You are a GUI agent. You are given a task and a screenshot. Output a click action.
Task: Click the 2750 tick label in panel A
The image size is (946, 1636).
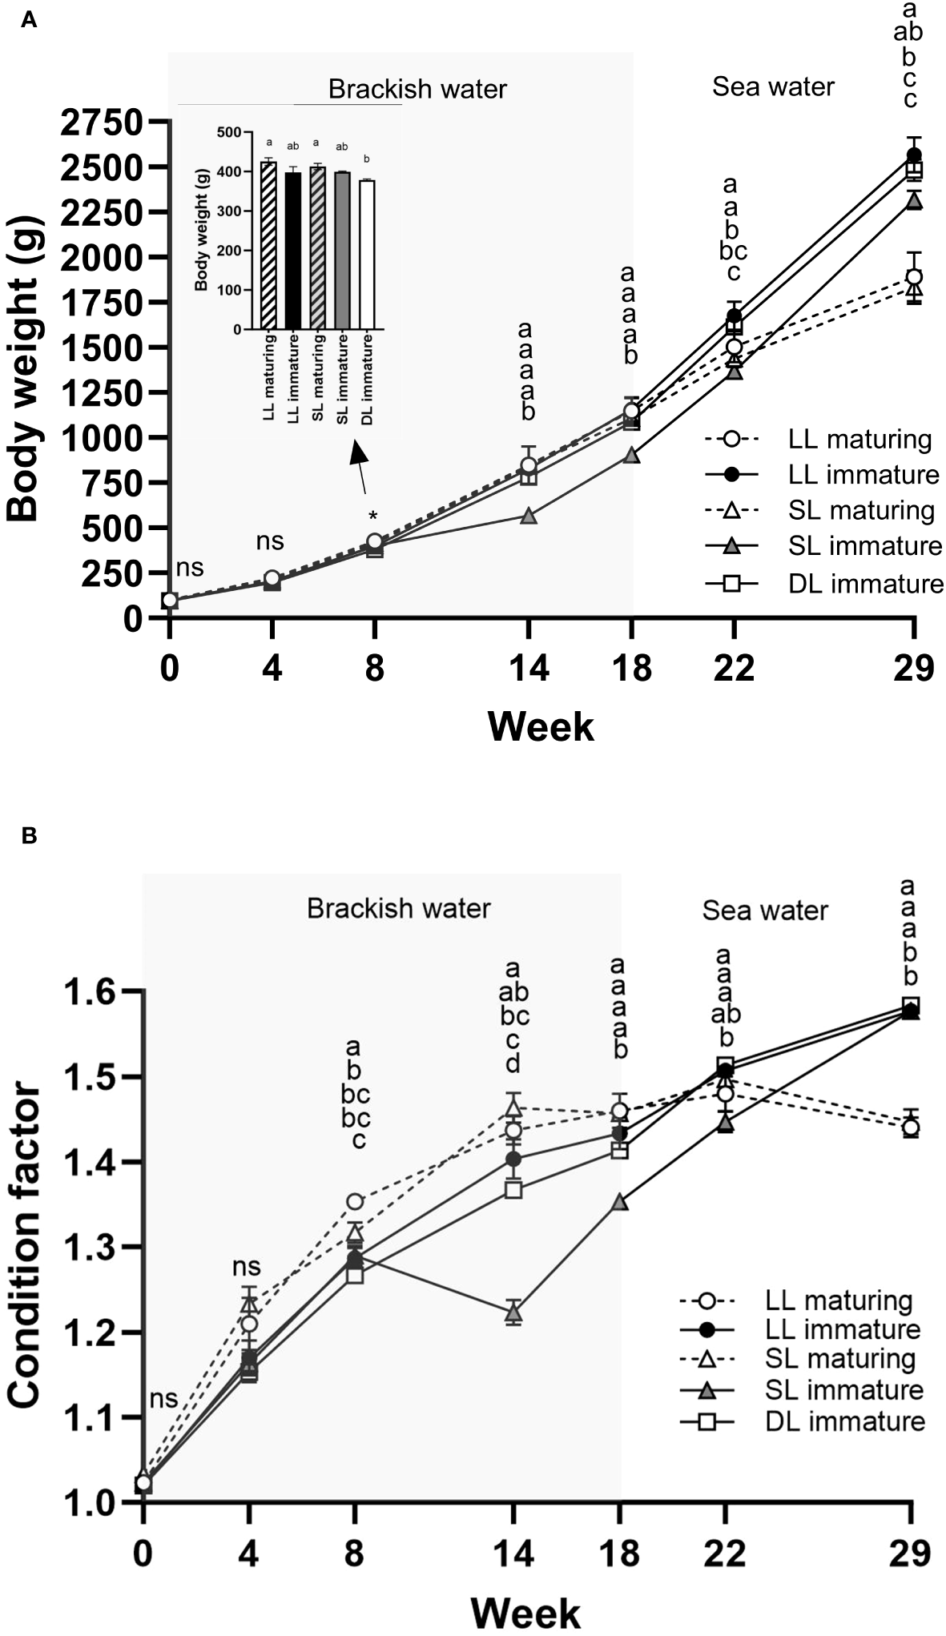(105, 123)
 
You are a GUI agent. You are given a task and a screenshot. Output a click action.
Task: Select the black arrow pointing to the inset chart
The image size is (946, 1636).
(360, 468)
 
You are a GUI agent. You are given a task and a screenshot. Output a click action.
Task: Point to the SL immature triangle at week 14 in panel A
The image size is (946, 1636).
(528, 517)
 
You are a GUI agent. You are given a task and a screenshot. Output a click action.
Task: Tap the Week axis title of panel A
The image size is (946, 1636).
(541, 727)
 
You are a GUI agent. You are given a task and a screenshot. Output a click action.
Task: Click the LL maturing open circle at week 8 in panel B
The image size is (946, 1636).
(355, 1201)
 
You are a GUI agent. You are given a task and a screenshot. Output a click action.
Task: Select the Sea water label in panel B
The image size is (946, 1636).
(764, 910)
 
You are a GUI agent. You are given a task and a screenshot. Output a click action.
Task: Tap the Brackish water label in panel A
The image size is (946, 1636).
(417, 89)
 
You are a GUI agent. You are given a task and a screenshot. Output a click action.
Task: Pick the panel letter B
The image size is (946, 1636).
(29, 837)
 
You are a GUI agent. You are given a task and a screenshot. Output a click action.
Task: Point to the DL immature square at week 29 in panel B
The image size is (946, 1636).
(911, 1006)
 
